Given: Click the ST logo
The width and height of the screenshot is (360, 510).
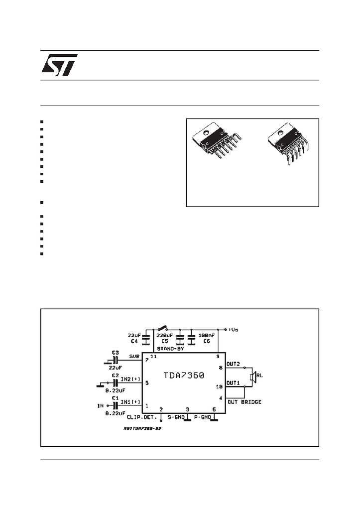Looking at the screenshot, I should click(x=59, y=65).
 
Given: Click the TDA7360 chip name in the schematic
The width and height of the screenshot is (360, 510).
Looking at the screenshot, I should click(x=184, y=376).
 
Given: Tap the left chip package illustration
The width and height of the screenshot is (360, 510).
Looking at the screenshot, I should click(x=219, y=142).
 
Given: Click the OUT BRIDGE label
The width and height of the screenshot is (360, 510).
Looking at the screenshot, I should click(x=244, y=401).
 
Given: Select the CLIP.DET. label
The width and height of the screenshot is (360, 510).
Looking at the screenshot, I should click(x=141, y=416).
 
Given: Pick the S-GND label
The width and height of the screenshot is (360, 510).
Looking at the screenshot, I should click(x=175, y=416).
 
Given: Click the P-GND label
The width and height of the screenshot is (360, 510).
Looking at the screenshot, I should click(x=203, y=416).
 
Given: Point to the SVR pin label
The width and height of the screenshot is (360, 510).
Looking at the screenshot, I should click(x=134, y=357).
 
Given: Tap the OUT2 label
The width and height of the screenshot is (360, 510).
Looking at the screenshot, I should click(x=233, y=364).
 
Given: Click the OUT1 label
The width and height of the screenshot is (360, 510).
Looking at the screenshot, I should click(x=233, y=383).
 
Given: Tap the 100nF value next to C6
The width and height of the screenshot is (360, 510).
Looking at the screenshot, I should click(x=207, y=336).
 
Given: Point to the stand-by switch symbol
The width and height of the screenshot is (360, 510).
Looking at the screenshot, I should click(x=161, y=328).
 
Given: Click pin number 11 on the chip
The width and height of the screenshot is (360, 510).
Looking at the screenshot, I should click(x=153, y=357).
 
